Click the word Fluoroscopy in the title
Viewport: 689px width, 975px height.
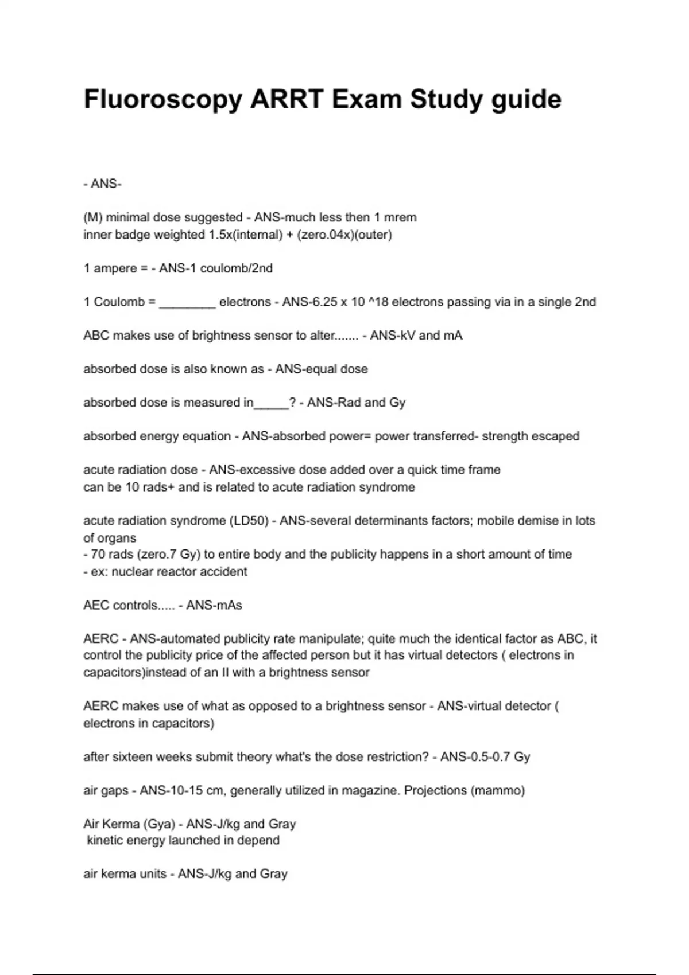(163, 100)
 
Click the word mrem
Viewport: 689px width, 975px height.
(401, 217)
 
